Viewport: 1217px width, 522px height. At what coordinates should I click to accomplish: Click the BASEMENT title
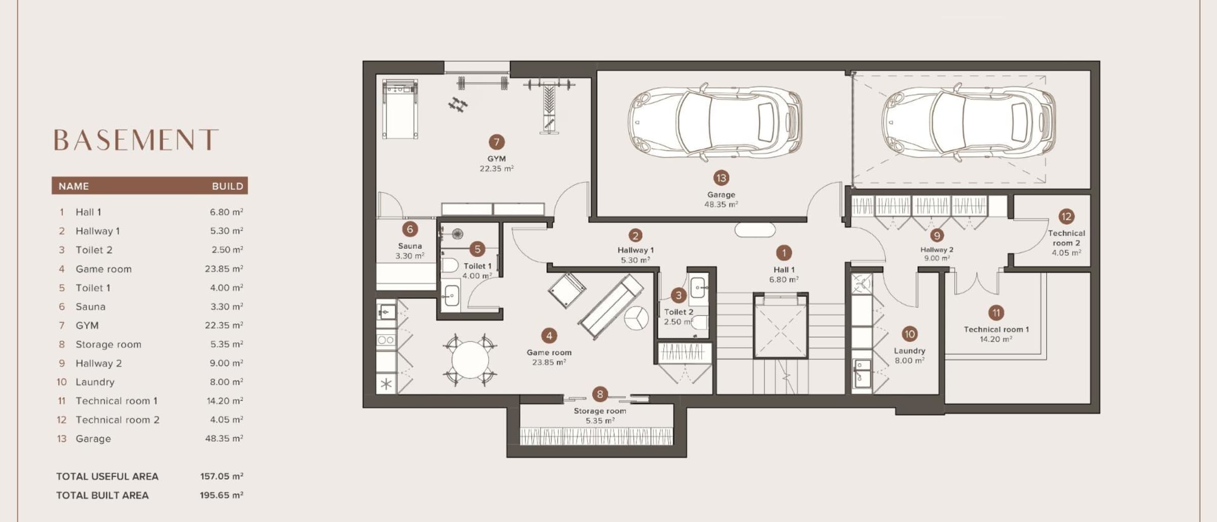[x=136, y=140]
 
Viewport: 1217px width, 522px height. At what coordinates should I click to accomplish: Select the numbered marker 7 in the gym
[x=496, y=142]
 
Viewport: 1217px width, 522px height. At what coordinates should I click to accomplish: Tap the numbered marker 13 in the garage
[x=721, y=178]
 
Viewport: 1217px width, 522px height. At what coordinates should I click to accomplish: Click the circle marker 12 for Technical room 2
[x=1066, y=217]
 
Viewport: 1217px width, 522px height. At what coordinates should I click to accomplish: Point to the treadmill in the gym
[x=401, y=109]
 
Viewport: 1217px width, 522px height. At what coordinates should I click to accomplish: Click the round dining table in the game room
[x=470, y=360]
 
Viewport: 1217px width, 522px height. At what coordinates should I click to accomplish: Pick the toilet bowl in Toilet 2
[x=700, y=322]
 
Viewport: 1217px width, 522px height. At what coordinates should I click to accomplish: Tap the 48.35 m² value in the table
[x=224, y=438]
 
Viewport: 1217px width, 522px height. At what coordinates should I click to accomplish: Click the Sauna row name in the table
[x=91, y=306]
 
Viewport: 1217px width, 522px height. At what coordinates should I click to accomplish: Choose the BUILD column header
[x=228, y=186]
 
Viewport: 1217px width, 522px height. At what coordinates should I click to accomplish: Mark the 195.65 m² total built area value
[x=222, y=495]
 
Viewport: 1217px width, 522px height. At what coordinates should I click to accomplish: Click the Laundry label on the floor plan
[x=910, y=351]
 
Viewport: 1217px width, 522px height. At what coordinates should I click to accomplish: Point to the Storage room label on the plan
[x=600, y=411]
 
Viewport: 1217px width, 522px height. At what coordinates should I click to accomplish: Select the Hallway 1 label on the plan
[x=635, y=250]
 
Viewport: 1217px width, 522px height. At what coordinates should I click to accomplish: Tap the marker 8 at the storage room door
[x=600, y=394]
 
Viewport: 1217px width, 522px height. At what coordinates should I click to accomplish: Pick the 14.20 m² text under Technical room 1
[x=996, y=339]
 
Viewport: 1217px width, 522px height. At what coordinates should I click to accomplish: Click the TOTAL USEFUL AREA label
[x=108, y=476]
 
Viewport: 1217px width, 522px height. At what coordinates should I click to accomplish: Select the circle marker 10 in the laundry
[x=910, y=334]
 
